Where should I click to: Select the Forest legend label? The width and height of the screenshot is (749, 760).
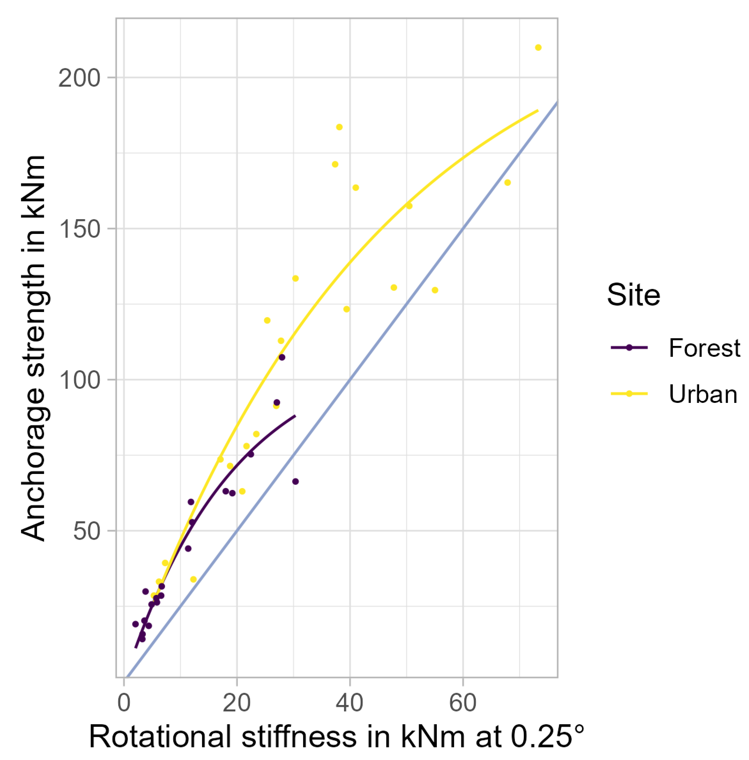click(x=704, y=348)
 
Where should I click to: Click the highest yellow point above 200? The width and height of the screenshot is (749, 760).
click(x=538, y=48)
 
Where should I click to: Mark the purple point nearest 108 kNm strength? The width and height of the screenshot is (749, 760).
click(x=282, y=357)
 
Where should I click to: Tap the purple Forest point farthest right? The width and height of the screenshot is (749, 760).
click(x=295, y=482)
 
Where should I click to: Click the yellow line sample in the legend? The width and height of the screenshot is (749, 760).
click(x=629, y=394)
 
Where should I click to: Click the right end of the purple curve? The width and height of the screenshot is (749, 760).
click(x=295, y=416)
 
